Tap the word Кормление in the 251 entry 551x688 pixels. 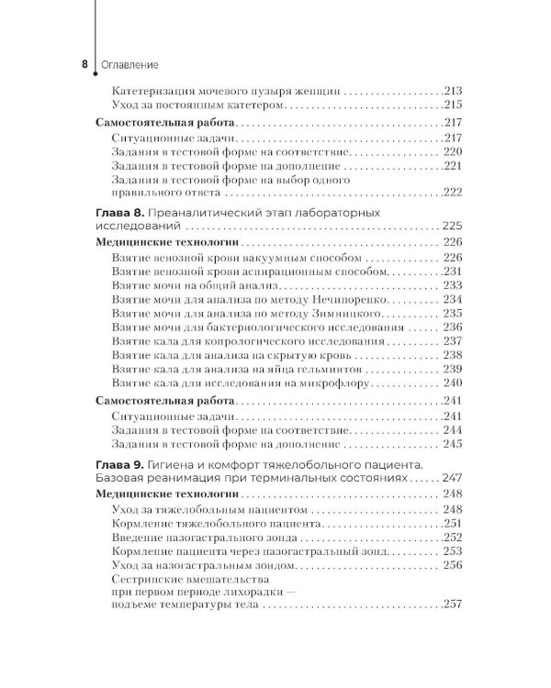pyautogui.click(x=141, y=522)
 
